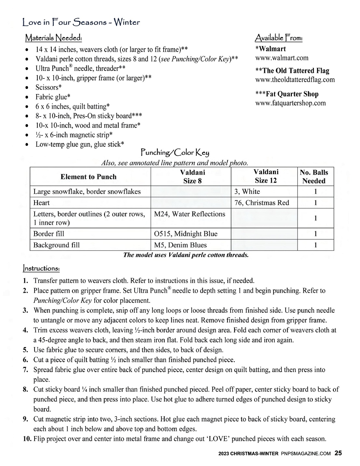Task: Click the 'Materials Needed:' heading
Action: coord(53,38)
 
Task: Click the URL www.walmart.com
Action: coord(282,58)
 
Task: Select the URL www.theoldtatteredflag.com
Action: coord(295,80)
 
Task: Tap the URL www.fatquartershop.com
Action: coord(290,103)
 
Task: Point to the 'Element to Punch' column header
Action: coord(88,177)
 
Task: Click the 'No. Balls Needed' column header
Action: coord(314,177)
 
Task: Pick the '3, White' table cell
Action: coord(247,191)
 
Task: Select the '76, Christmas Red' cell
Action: coord(261,203)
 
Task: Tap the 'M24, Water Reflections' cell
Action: coord(189,214)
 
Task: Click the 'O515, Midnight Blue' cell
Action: coord(185,234)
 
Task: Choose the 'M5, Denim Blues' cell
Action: coord(180,245)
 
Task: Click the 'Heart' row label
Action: coord(42,203)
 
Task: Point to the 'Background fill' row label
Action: coord(56,245)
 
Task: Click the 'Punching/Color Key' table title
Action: coord(175,152)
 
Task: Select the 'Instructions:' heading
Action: coord(41,268)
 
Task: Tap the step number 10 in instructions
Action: coord(27,439)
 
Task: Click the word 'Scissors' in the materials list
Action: coord(47,88)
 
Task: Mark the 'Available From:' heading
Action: coord(279,38)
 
